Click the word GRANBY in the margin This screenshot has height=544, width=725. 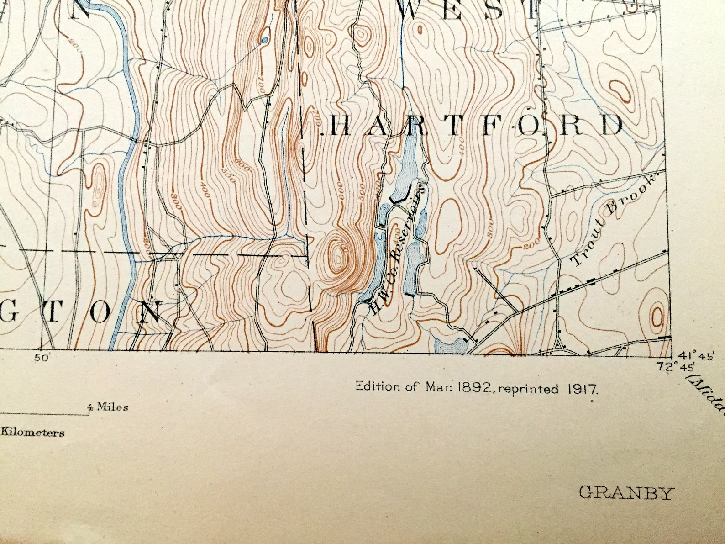coord(626,493)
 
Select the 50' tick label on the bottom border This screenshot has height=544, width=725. coord(41,359)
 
